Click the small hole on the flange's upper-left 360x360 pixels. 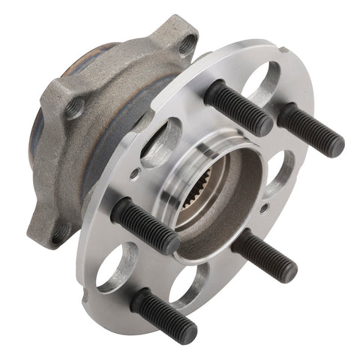(133, 173)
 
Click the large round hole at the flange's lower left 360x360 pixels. (112, 266)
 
